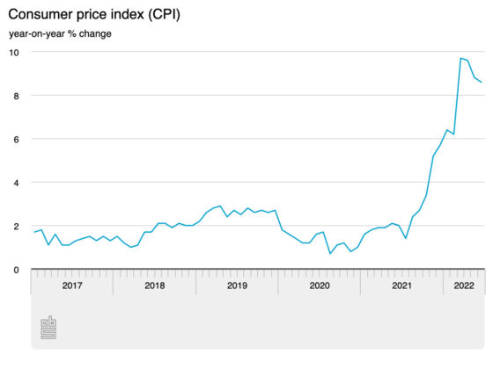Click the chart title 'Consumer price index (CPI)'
point(94,15)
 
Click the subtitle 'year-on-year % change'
point(60,34)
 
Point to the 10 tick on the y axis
point(14,53)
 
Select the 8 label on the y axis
point(16,96)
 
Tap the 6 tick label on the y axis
point(16,140)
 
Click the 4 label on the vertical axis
point(16,183)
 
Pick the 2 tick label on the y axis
point(16,227)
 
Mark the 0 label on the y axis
point(16,270)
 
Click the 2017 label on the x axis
point(72,286)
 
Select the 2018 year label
point(155,286)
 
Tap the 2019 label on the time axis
point(237,286)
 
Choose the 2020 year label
point(320,286)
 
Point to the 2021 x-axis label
point(401,286)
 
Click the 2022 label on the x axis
point(464,286)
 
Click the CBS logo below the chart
point(48,328)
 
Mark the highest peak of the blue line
point(460,58)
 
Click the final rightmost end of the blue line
point(481,82)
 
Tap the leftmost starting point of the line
point(34,232)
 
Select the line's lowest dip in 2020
point(330,254)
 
